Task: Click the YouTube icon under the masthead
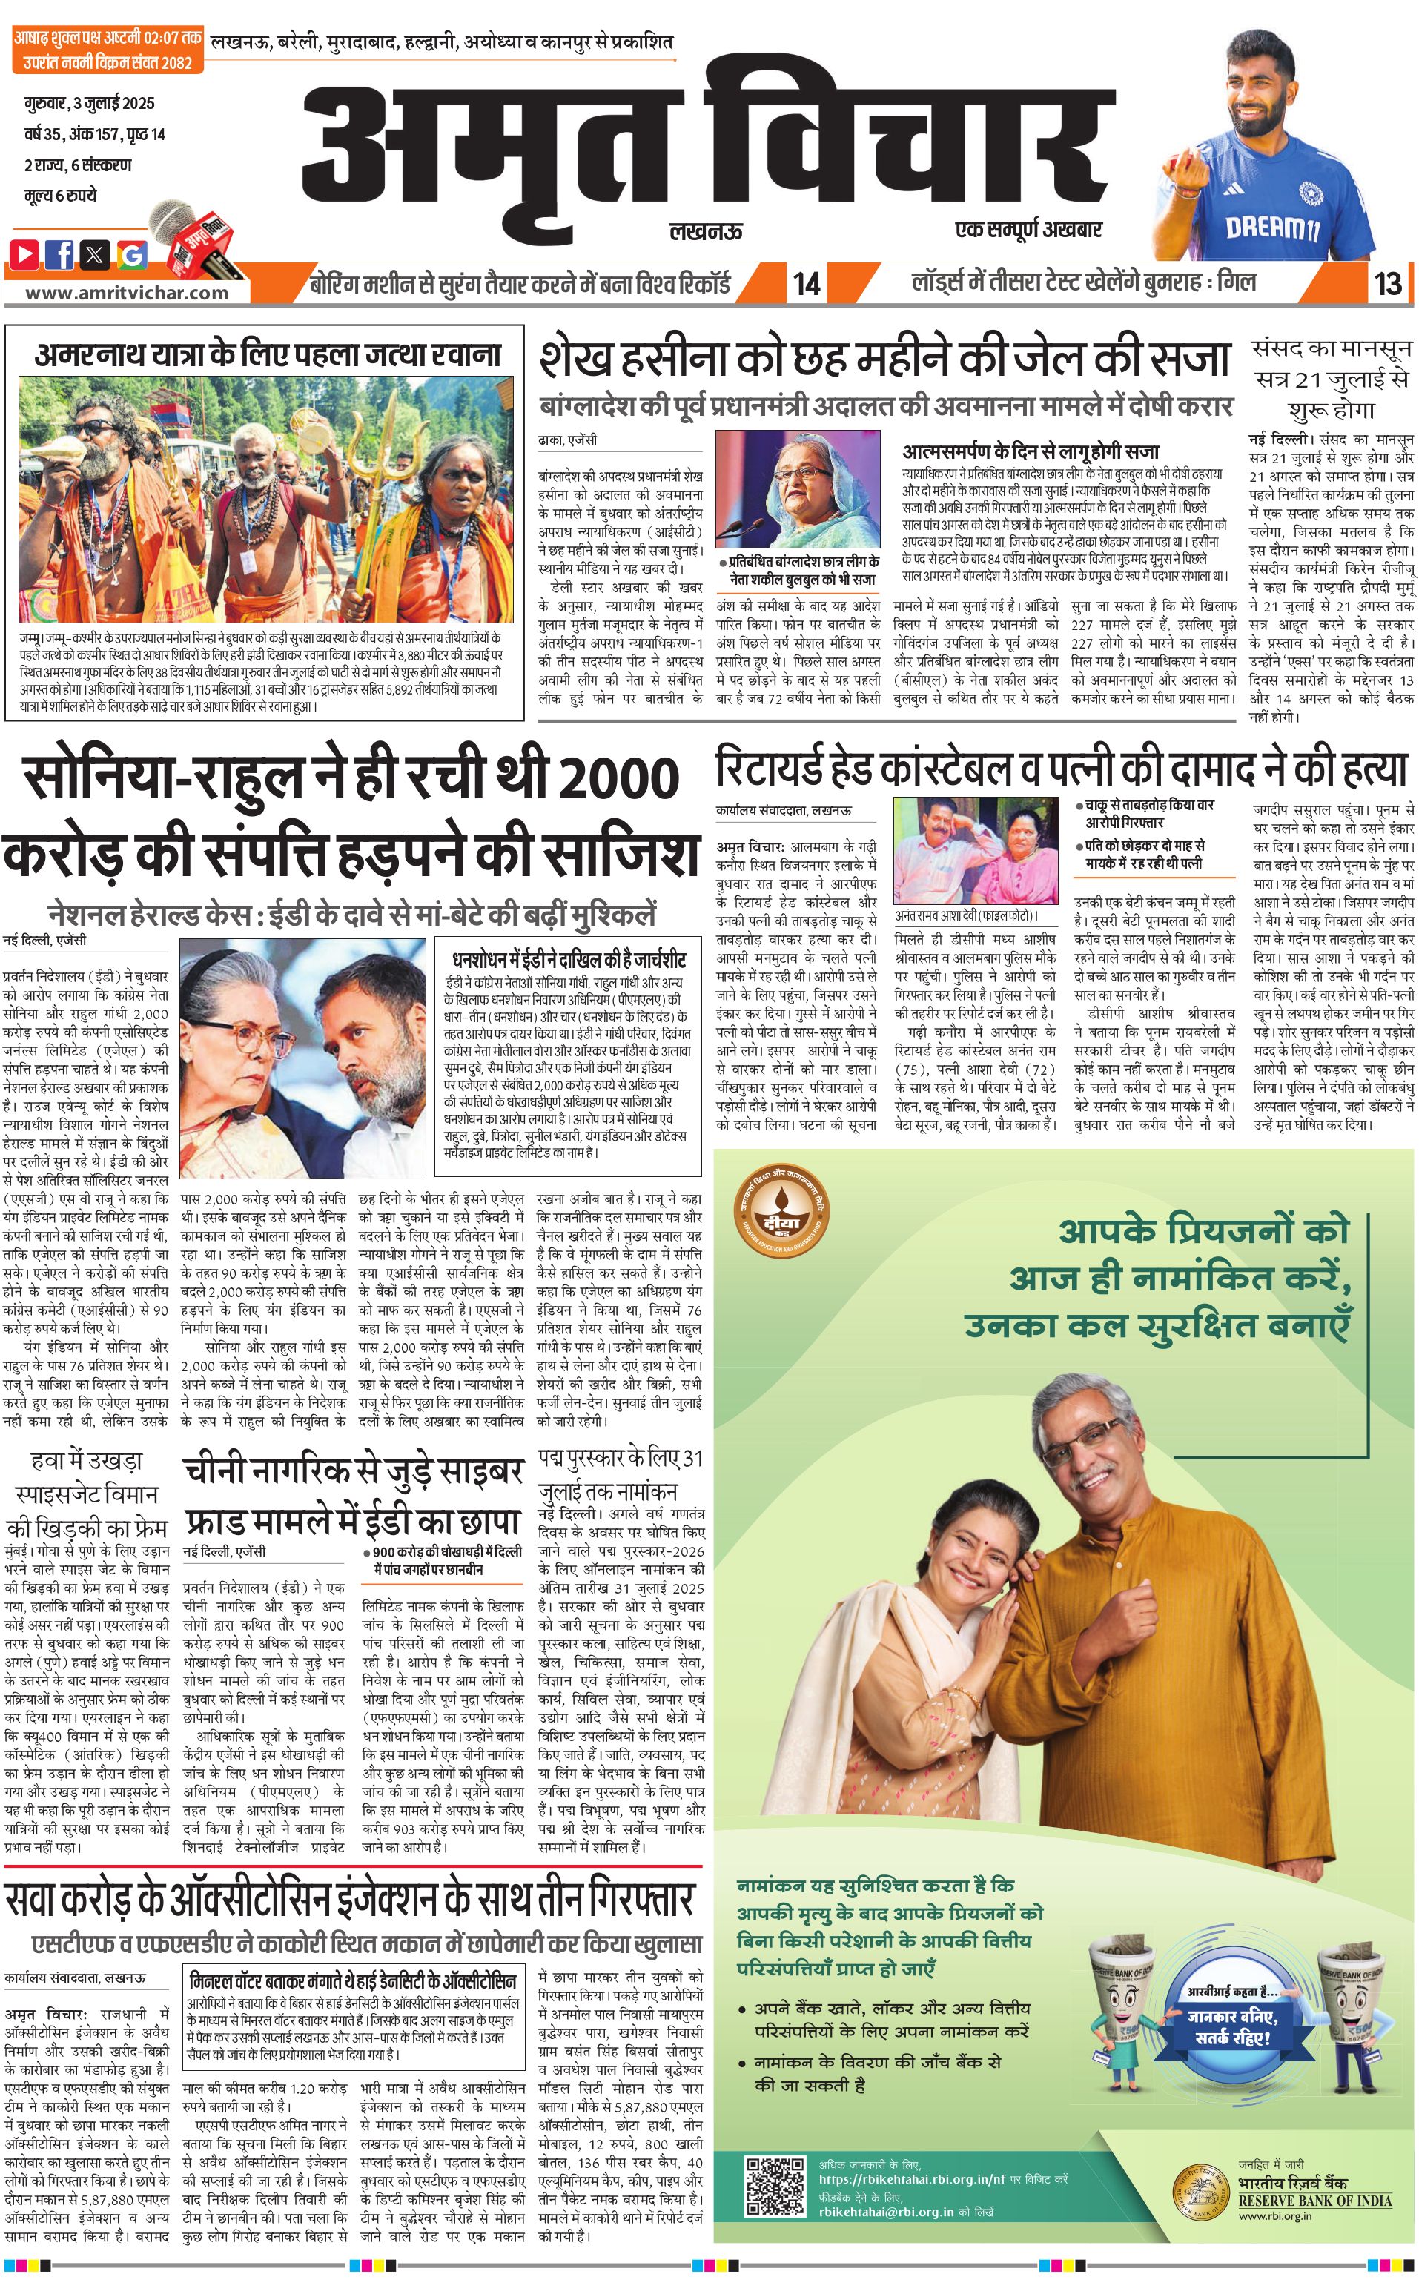[x=25, y=253]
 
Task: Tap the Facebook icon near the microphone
[x=60, y=253]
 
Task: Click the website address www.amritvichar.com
[x=127, y=292]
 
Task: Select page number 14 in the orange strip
[x=806, y=283]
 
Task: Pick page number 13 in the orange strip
[x=1387, y=283]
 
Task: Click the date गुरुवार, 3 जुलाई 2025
[x=89, y=103]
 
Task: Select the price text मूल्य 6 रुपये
[x=61, y=195]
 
